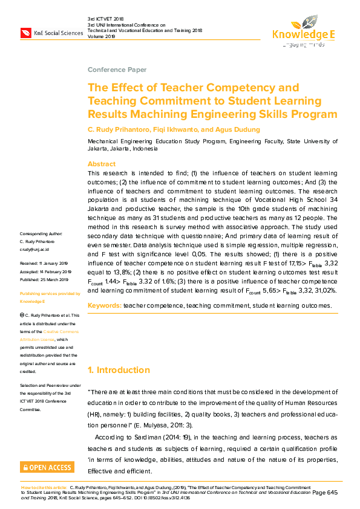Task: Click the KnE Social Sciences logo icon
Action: (26, 32)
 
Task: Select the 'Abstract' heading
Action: (101, 164)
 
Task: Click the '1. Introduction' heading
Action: (119, 370)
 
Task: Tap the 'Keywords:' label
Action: (104, 306)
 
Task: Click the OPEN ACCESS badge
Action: (47, 467)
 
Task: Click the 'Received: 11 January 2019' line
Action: (44, 264)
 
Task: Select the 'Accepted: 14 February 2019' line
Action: (45, 271)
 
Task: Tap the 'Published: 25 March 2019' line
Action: (45, 279)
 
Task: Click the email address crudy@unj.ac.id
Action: (34, 248)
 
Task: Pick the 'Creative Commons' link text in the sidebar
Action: (60, 332)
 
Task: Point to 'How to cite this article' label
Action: (45, 486)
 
